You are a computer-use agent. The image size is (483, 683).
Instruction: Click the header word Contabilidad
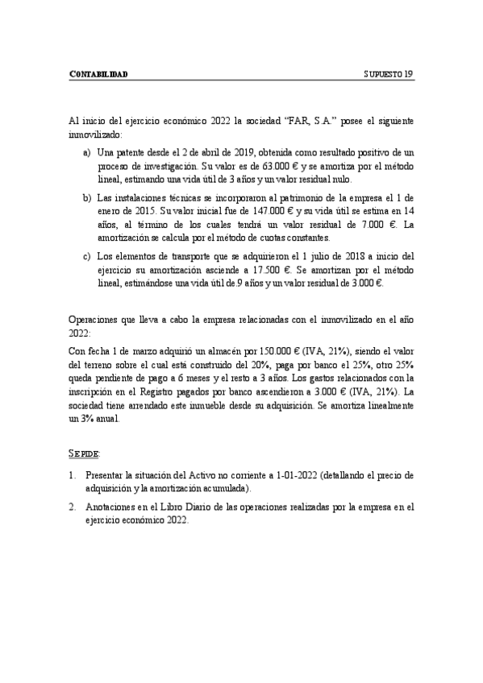click(99, 75)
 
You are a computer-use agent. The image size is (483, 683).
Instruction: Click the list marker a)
click(86, 151)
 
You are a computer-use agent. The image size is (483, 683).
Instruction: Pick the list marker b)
click(86, 197)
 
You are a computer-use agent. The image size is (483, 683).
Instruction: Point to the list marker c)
click(86, 257)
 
